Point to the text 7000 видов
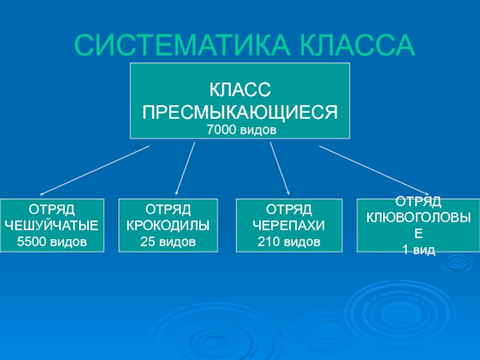(x=240, y=130)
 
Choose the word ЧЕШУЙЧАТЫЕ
(x=52, y=226)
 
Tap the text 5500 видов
(x=52, y=242)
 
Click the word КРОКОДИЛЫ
(x=168, y=226)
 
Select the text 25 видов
(x=168, y=242)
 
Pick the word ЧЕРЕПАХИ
(x=289, y=226)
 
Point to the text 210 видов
(x=289, y=242)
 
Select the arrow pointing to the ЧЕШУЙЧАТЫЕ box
(x=94, y=170)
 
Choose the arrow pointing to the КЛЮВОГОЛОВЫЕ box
(x=374, y=169)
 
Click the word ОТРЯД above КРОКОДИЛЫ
(x=168, y=209)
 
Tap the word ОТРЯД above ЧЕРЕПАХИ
(x=289, y=209)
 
